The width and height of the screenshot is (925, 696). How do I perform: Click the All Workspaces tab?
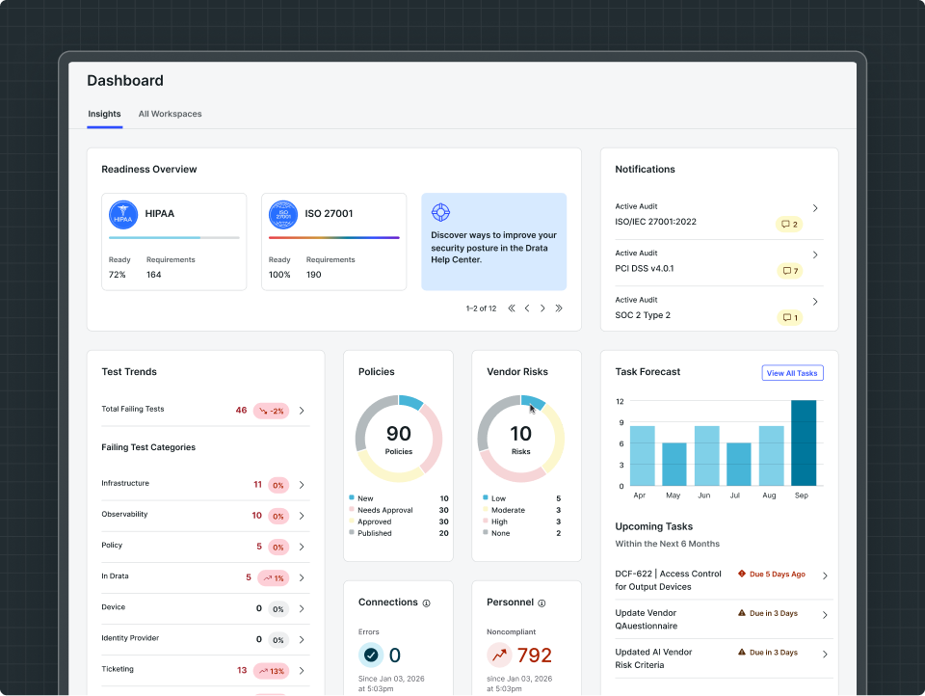(x=170, y=114)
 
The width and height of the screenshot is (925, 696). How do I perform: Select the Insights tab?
(x=104, y=114)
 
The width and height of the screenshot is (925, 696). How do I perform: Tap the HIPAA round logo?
(x=123, y=214)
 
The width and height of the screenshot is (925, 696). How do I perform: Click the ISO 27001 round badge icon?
(x=283, y=214)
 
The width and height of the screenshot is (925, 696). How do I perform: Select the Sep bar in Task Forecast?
(x=804, y=442)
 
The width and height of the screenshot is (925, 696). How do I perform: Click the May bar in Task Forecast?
(x=674, y=464)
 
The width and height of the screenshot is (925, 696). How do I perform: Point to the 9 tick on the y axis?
(x=621, y=422)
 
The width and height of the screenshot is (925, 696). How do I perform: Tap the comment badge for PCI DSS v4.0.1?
(x=789, y=271)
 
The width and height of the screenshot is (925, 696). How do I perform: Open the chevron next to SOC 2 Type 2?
(x=815, y=302)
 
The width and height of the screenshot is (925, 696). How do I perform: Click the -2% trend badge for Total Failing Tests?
(x=272, y=411)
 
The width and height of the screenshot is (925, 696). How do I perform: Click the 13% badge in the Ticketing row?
(x=272, y=671)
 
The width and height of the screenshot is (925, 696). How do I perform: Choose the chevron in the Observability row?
(x=302, y=516)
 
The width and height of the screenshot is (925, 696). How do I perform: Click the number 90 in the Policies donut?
(x=399, y=433)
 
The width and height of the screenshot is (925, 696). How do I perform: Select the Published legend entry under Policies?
(x=370, y=533)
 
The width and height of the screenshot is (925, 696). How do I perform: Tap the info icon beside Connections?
(x=427, y=603)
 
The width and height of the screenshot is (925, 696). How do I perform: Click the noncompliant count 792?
(x=535, y=655)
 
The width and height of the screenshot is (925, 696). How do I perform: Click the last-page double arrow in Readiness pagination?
(x=559, y=308)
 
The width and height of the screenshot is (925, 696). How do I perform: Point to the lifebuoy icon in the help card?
(x=440, y=212)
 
